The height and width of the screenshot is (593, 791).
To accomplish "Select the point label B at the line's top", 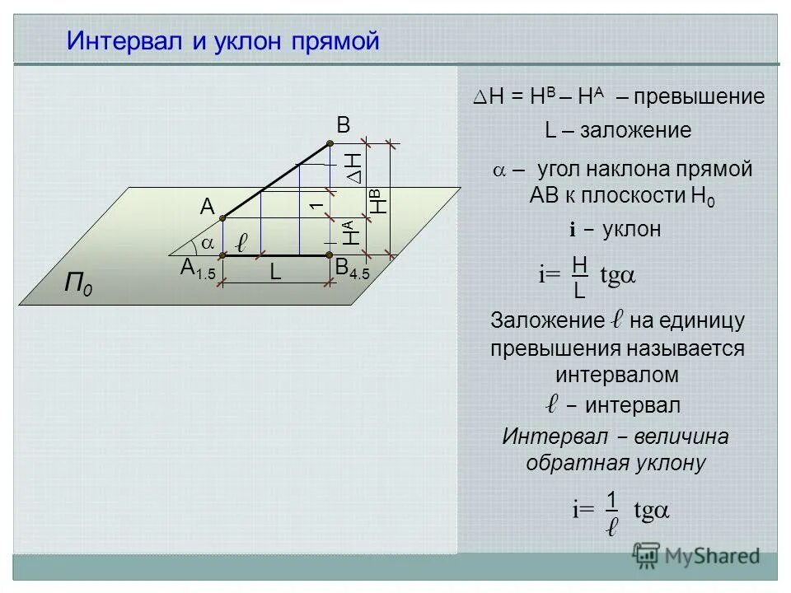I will click(x=343, y=125).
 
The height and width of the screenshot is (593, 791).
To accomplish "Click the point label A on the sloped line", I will click(x=207, y=209).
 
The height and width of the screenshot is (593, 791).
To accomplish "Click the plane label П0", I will click(x=78, y=287).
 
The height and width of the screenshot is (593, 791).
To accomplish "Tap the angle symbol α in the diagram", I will click(x=207, y=243).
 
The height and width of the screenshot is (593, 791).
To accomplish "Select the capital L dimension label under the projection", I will click(x=275, y=274).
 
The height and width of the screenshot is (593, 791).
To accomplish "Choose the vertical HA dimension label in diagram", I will click(x=351, y=233).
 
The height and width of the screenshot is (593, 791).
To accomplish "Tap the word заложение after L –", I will click(x=635, y=131).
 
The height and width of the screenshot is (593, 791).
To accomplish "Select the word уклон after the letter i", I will click(x=632, y=230).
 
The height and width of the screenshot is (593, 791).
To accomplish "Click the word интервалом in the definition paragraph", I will click(x=617, y=375).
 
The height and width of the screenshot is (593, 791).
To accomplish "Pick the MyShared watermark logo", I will click(x=695, y=555).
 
